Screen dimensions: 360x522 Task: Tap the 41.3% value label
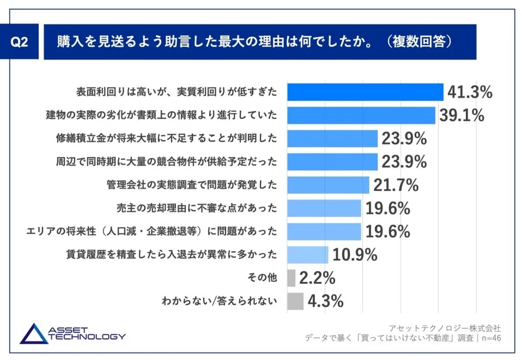470,92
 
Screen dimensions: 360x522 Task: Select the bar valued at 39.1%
361,115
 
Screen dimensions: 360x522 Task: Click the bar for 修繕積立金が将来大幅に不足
332,138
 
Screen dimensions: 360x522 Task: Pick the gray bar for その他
291,278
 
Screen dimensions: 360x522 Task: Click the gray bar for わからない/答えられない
295,301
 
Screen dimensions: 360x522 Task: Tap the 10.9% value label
355,255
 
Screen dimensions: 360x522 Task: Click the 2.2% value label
317,278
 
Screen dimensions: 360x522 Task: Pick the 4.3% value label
326,301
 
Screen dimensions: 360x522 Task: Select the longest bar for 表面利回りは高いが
365,92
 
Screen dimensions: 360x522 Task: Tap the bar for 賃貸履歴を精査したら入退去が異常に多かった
307,254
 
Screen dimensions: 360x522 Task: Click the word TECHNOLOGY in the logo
87,337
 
